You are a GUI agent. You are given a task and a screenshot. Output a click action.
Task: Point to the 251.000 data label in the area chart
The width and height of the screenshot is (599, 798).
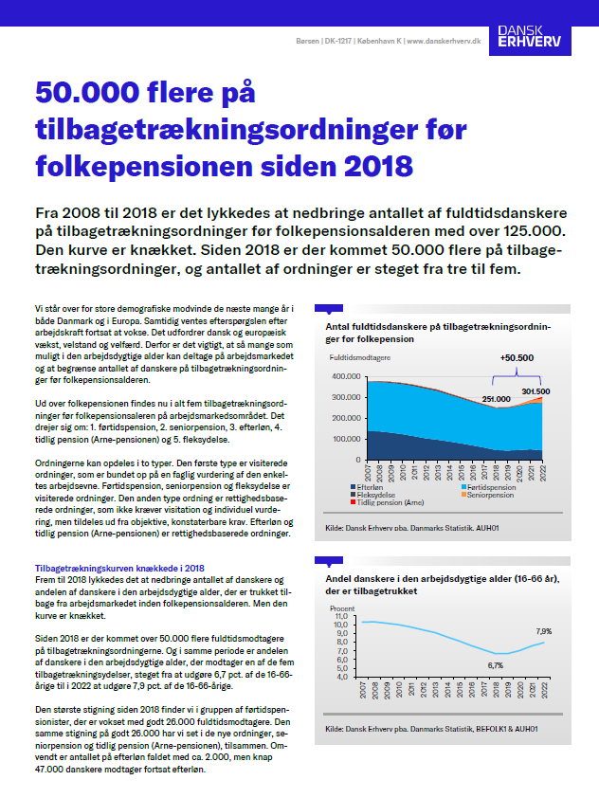[x=498, y=400]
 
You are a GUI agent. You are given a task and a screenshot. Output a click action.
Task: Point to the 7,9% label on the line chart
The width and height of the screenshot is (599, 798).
[x=544, y=630]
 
